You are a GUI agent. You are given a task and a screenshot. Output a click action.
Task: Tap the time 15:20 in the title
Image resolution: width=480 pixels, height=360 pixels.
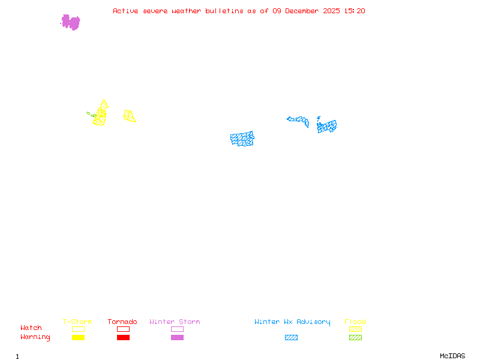coord(355,11)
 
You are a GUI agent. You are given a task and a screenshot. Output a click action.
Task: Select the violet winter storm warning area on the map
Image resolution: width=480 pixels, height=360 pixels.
coord(71,23)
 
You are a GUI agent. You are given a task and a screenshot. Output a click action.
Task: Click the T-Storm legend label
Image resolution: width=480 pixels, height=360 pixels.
coord(77,322)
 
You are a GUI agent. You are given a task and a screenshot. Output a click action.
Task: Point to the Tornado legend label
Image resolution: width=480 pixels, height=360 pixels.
coord(122,322)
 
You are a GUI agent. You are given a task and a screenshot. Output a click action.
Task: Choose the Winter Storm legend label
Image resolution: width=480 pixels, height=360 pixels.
coord(175,322)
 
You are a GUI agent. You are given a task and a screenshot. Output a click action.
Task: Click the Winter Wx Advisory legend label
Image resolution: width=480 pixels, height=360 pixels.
coord(292,322)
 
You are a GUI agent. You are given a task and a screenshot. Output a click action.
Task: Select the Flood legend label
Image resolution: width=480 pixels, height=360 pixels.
coord(355,322)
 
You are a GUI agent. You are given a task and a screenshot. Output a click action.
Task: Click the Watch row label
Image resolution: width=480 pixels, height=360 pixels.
coord(31,328)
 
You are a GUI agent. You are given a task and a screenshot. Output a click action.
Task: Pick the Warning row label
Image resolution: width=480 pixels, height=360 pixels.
coord(35,337)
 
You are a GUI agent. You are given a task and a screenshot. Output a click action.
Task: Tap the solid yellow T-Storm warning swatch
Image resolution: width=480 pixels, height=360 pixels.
coord(78,338)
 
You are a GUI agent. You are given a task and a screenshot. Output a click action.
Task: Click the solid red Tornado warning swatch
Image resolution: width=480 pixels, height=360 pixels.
coord(123,338)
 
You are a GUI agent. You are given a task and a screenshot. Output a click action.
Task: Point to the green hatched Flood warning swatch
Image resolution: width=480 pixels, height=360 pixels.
coord(355,338)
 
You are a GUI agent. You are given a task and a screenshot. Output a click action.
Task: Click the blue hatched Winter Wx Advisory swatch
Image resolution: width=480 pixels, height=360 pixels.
coord(291,338)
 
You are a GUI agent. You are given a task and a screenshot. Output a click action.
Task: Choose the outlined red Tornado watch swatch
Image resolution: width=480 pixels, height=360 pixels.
coord(123,329)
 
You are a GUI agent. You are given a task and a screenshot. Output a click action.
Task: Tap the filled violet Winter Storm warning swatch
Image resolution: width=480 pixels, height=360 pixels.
coord(177,338)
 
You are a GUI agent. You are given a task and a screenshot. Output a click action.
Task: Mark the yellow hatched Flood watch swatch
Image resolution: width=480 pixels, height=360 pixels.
coord(355,329)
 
